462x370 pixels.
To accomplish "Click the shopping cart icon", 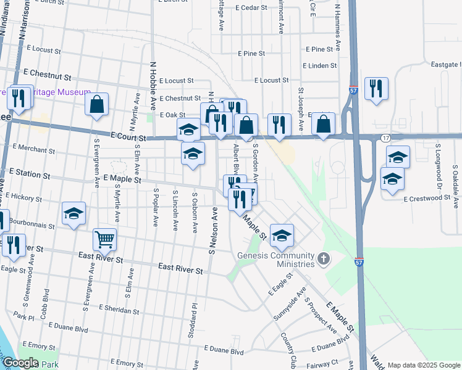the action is click(104, 239).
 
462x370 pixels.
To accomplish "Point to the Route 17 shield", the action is click(385, 138).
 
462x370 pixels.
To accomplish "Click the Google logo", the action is click(20, 363).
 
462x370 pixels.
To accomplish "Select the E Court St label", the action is click(128, 136).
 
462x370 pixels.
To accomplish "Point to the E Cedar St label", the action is click(251, 8).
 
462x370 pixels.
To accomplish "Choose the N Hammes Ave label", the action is click(338, 25).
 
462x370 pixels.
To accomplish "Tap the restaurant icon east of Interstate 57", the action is click(376, 88).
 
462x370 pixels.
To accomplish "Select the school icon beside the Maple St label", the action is click(282, 234).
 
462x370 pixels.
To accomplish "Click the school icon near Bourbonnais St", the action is click(74, 213).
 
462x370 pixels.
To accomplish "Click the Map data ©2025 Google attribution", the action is click(424, 365).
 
